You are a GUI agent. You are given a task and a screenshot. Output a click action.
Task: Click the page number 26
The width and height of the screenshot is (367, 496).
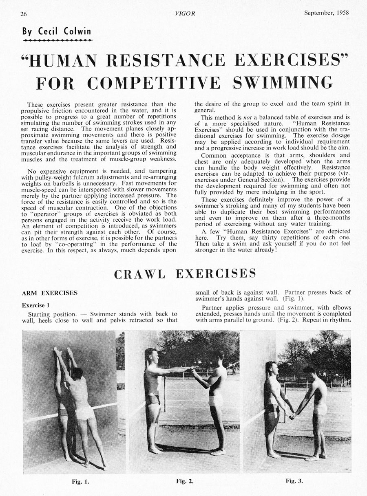tap(24, 14)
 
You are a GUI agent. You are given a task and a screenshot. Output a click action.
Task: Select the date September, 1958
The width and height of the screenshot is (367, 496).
tap(326, 12)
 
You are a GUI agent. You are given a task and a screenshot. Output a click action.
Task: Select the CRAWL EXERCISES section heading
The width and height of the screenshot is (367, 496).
tap(185, 273)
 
